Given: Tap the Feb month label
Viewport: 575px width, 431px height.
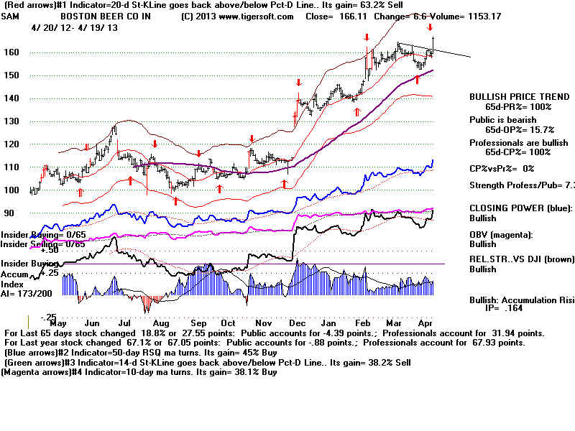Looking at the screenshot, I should click(x=364, y=304).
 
